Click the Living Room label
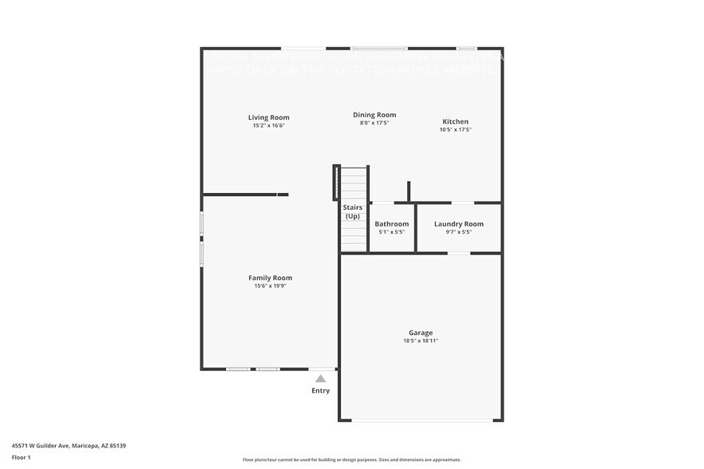coord(268,117)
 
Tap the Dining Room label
coord(374,115)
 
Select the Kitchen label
coord(456,121)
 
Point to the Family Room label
coord(270,278)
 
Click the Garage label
coord(421,333)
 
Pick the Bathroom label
coord(392,224)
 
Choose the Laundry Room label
coord(459,224)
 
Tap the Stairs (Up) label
coord(353,212)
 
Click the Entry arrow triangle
coord(320,378)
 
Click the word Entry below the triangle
coord(320,391)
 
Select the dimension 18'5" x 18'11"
coord(421,341)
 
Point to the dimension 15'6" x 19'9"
coord(270,286)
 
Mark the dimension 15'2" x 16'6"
coord(268,125)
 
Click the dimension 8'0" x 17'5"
coord(374,123)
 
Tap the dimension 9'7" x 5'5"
coord(459,232)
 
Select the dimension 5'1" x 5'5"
coord(392,232)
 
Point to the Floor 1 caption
coord(21,457)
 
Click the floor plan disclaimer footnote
coord(352,459)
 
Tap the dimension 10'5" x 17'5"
coord(456,129)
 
